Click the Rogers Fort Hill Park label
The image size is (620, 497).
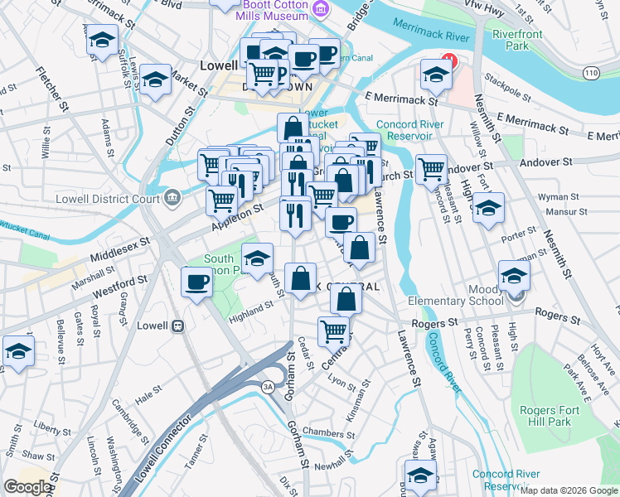[545, 416]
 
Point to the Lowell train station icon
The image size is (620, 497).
[177, 326]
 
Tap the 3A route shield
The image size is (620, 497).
[268, 387]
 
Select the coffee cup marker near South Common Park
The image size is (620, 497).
[196, 283]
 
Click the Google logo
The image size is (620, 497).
[28, 487]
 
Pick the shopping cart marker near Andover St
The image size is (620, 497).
[431, 169]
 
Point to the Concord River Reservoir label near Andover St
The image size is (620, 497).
[409, 130]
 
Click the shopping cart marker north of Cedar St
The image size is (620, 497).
[333, 331]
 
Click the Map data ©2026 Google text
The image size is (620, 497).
[569, 490]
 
